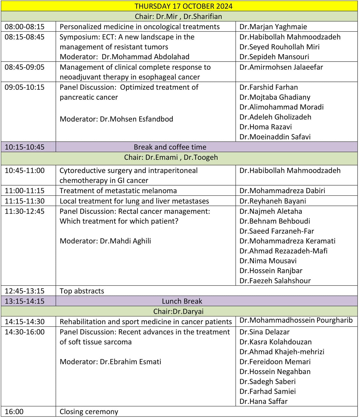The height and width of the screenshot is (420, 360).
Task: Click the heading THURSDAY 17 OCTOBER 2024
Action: (183, 6)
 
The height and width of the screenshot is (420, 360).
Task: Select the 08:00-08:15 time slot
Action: (24, 27)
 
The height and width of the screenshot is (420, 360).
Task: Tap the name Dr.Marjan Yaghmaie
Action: (273, 27)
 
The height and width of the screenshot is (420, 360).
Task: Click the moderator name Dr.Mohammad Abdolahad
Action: (145, 57)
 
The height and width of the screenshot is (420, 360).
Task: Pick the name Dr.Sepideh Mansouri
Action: (274, 57)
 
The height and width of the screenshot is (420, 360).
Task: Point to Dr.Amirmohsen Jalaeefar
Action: (281, 67)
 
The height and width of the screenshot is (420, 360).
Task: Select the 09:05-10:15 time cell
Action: (24, 87)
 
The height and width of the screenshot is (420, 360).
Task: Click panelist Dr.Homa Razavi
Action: (266, 127)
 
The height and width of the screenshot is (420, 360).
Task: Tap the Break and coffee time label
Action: (170, 147)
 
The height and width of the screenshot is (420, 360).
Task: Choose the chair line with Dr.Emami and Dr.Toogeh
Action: (171, 157)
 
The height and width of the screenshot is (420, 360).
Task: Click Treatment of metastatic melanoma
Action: (118, 191)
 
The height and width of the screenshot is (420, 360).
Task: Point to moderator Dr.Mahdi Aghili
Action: (125, 241)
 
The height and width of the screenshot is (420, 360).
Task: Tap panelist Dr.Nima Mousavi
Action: (268, 261)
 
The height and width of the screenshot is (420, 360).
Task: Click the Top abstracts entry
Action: (82, 291)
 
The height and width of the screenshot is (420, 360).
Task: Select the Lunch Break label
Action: (182, 301)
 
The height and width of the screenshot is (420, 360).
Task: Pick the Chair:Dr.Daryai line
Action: (178, 311)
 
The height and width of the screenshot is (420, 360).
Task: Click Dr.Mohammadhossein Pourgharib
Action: (296, 320)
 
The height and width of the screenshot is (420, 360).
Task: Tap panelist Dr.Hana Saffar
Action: (263, 401)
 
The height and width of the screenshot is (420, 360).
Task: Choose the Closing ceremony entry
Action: (89, 412)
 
